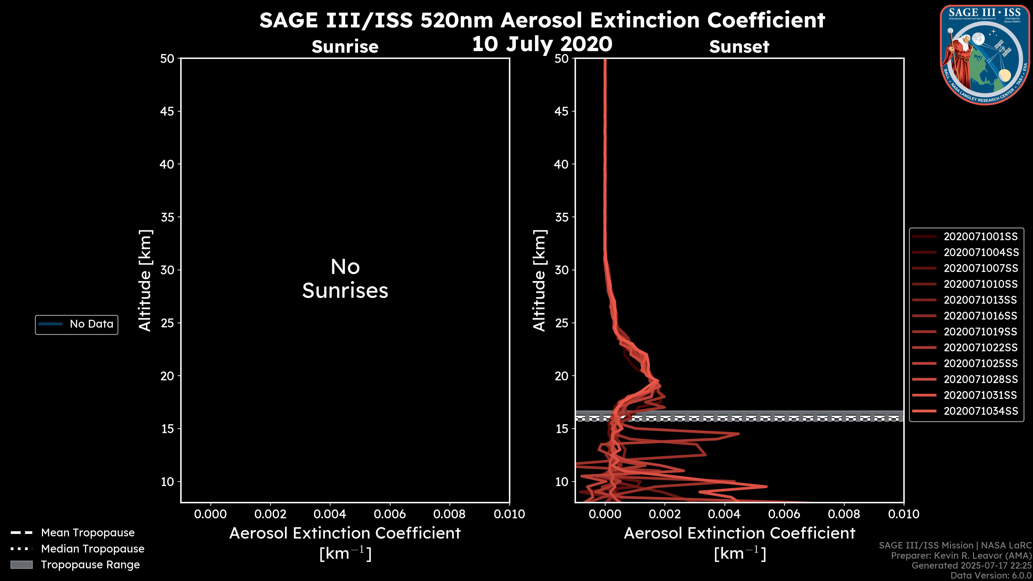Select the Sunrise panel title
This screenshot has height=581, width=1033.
(345, 47)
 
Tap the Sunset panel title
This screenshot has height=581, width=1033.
(739, 47)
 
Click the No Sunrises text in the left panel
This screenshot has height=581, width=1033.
(345, 279)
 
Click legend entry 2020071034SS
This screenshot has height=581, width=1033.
(981, 411)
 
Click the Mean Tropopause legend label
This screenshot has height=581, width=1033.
(87, 533)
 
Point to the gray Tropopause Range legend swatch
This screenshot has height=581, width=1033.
(21, 565)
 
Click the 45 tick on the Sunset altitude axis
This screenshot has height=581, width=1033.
(561, 111)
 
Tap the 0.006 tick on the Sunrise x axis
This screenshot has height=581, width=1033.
(389, 514)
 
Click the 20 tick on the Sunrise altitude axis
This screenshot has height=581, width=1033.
(167, 376)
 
